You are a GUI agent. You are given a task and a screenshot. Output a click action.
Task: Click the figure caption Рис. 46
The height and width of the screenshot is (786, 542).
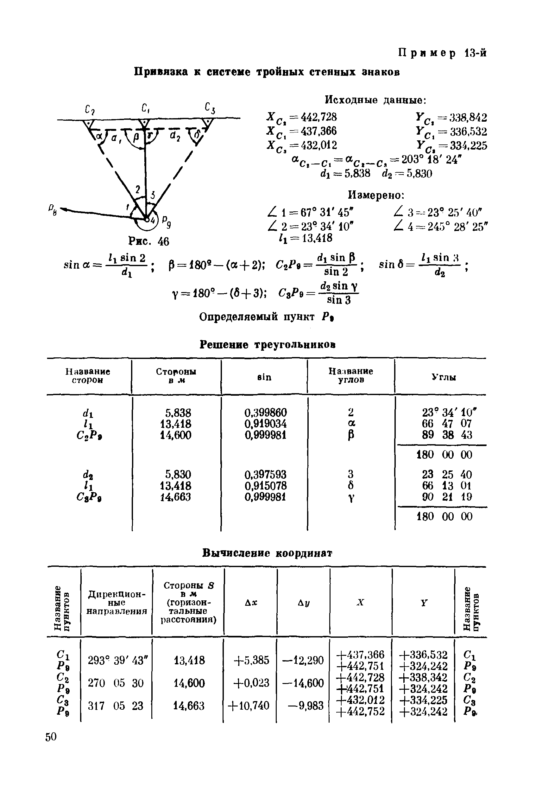pos(148,241)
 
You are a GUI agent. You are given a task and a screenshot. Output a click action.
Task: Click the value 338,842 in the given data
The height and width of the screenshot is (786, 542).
pos(468,118)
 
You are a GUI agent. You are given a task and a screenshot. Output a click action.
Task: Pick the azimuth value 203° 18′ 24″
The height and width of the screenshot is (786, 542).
pos(431,160)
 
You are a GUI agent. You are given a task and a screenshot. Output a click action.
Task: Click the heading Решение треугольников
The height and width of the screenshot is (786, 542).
pos(267,345)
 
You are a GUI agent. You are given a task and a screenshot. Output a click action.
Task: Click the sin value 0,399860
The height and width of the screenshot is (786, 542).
pos(266,413)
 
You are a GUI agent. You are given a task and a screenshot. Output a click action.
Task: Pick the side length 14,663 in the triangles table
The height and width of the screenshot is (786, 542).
pos(176,497)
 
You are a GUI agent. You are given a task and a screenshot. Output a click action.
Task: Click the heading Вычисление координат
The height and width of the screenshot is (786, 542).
pos(267,553)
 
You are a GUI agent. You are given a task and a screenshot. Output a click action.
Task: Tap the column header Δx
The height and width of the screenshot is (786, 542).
pos(251,603)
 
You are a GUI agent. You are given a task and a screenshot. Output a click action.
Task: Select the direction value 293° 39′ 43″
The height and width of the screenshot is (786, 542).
pos(116,660)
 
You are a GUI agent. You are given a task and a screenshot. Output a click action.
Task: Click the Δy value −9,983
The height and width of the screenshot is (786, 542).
pos(305,706)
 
